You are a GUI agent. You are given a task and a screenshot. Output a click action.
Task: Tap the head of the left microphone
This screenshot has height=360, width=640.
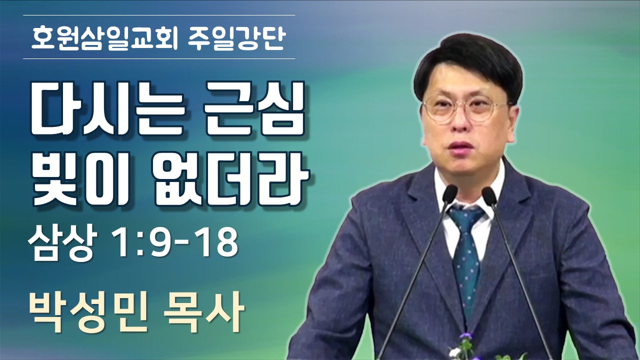[449, 194]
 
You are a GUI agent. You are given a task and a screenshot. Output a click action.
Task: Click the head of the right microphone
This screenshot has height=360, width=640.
[489, 196]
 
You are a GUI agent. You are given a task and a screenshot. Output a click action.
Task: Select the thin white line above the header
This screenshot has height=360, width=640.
[159, 15]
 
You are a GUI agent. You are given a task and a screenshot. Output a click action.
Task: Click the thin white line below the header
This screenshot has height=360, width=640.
[159, 59]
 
